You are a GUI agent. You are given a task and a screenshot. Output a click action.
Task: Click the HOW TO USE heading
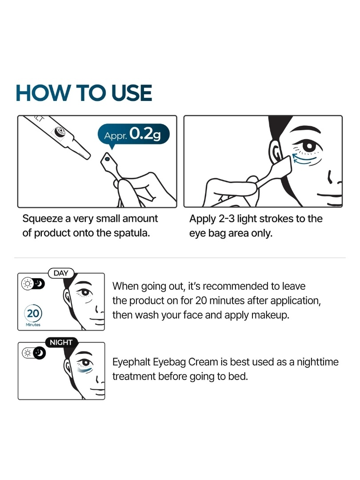click(84, 93)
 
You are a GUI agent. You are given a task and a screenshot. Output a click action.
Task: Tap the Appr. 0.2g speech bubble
click(133, 135)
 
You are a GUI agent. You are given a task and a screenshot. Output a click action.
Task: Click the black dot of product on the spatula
click(107, 159)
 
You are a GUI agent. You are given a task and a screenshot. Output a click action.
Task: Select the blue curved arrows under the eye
click(304, 159)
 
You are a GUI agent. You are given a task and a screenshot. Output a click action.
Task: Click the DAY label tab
click(61, 273)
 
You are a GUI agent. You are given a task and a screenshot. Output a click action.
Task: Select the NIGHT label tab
click(61, 342)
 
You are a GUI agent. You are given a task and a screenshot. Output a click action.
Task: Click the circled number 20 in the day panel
click(33, 313)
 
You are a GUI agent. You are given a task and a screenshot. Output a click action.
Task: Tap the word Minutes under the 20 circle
click(33, 325)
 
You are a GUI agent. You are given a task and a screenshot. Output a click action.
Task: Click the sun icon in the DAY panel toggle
click(28, 284)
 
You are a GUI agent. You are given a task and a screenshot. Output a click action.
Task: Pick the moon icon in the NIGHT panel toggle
click(39, 353)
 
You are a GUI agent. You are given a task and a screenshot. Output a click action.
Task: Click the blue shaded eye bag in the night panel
click(85, 370)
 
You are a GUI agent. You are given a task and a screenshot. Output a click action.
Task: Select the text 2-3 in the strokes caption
click(226, 219)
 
